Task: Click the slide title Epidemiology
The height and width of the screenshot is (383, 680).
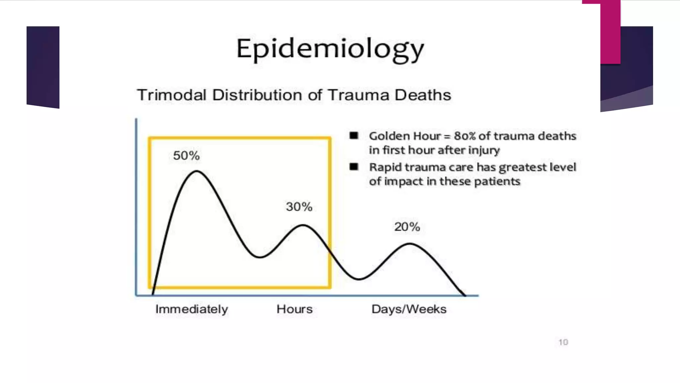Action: [330, 49]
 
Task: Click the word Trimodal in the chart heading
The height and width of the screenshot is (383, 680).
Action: [172, 95]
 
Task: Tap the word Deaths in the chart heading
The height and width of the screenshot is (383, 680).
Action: [423, 95]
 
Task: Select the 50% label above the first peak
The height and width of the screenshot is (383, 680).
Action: [186, 156]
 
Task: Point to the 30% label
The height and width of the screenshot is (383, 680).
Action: [299, 207]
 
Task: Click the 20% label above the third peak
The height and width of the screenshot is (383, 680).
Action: [407, 227]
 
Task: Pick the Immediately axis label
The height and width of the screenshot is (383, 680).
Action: [192, 309]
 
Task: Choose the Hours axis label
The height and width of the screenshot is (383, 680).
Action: [295, 309]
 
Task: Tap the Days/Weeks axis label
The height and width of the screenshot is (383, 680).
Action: [409, 309]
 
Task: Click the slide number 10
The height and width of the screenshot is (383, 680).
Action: [563, 342]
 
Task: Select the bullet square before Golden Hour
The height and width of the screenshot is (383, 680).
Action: [354, 136]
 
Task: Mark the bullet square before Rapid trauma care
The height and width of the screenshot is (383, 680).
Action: [354, 167]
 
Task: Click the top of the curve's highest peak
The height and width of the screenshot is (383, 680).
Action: [197, 171]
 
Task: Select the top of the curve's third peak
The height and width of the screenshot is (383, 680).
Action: [409, 244]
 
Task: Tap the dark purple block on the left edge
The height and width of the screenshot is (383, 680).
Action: [43, 66]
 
